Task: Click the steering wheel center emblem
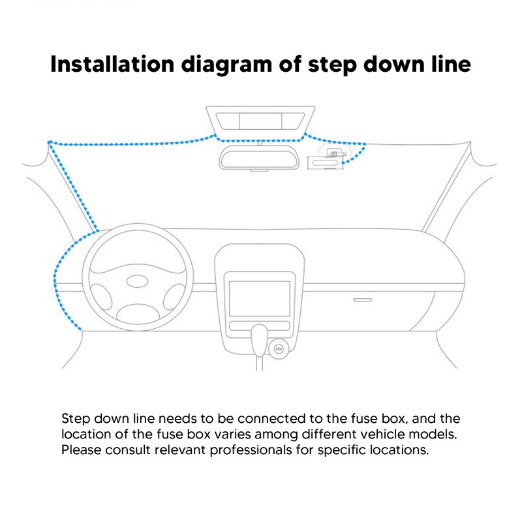coord(137,282)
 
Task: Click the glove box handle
coord(362,299)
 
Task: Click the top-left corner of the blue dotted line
coord(49,142)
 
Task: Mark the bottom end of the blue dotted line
coord(81,330)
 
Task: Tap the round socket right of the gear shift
coord(279,350)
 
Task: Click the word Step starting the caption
coord(74,418)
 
